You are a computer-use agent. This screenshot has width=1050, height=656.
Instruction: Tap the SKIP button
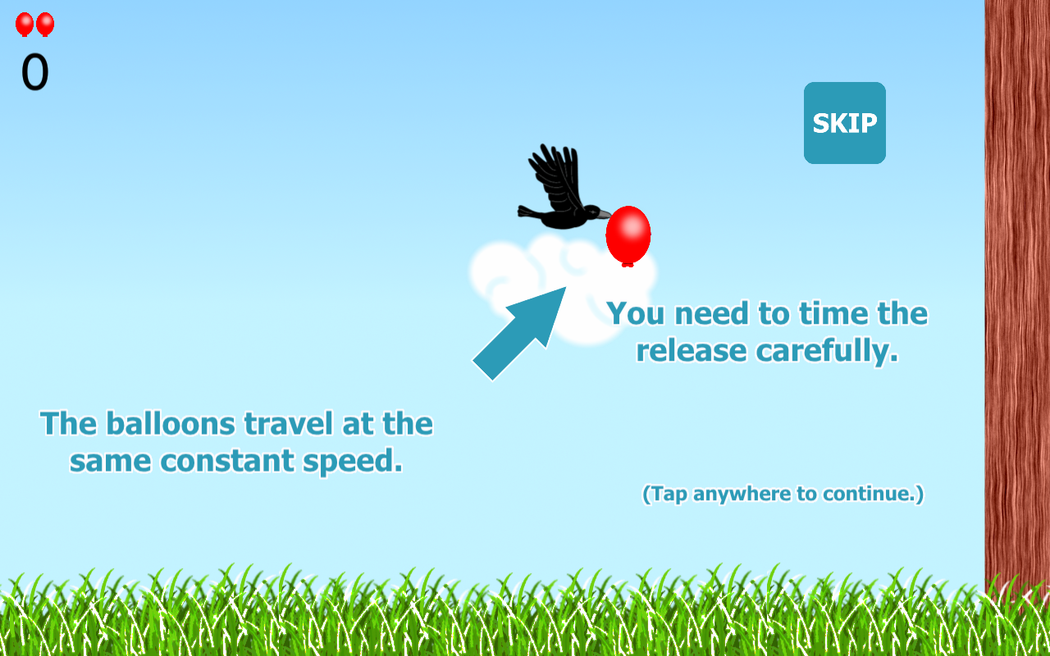tap(845, 123)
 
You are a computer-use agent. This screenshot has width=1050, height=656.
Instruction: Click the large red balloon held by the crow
tap(628, 235)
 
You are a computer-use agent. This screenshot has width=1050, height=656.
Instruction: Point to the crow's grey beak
tap(604, 214)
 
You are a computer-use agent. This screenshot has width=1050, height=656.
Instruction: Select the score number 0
tap(34, 71)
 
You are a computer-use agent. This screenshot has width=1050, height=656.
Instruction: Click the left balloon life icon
tap(25, 25)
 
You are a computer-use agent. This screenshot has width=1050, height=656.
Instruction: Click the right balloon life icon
tap(45, 25)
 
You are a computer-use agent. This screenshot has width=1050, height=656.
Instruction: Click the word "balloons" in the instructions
tap(171, 424)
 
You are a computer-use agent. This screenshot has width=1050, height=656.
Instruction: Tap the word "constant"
tap(227, 461)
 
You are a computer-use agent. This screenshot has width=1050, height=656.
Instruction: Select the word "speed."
tap(353, 462)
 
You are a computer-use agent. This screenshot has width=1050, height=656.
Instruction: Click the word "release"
tap(692, 351)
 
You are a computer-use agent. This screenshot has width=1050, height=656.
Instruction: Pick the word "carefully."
tap(828, 352)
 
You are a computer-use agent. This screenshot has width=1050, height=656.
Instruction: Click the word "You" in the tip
tap(636, 313)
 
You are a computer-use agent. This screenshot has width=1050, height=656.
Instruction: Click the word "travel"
tap(289, 424)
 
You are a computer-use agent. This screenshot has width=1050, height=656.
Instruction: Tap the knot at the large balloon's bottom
tap(628, 265)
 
